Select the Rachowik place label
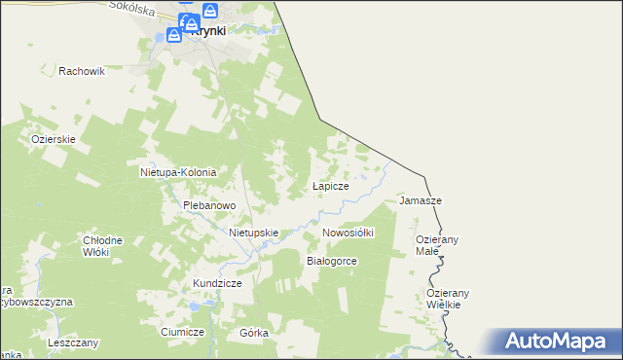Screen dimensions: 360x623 (x=81, y=71)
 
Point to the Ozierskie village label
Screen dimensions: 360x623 (x=54, y=139)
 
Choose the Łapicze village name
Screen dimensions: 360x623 (x=330, y=185)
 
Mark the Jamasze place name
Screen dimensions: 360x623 (x=421, y=200)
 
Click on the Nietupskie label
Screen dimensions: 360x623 (x=254, y=234)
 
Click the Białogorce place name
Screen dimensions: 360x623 (x=332, y=261)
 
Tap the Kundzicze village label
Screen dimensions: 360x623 (x=216, y=282)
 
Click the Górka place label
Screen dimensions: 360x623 (x=253, y=332)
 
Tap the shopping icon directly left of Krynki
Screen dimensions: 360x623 (x=173, y=35)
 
